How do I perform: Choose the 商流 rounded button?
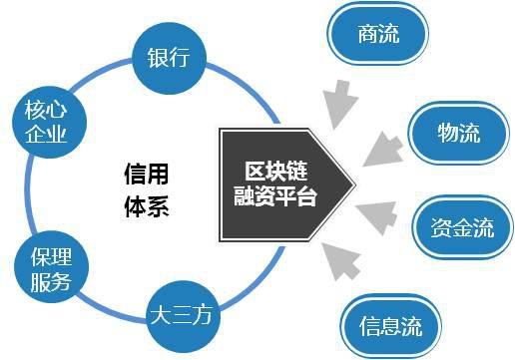[376, 35]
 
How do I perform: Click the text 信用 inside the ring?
[142, 173]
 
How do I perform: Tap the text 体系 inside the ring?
[142, 207]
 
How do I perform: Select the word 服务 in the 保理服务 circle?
[45, 281]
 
